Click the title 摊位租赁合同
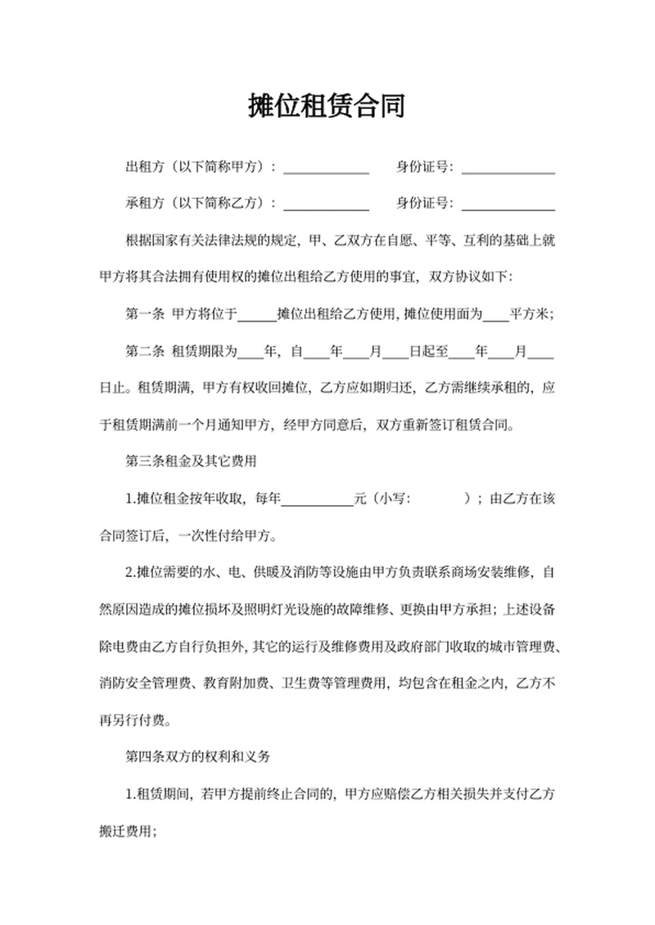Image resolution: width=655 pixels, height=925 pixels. coord(327,106)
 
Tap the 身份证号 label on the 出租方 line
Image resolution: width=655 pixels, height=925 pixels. coord(424,168)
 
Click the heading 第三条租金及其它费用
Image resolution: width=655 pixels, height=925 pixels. coord(192,461)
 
